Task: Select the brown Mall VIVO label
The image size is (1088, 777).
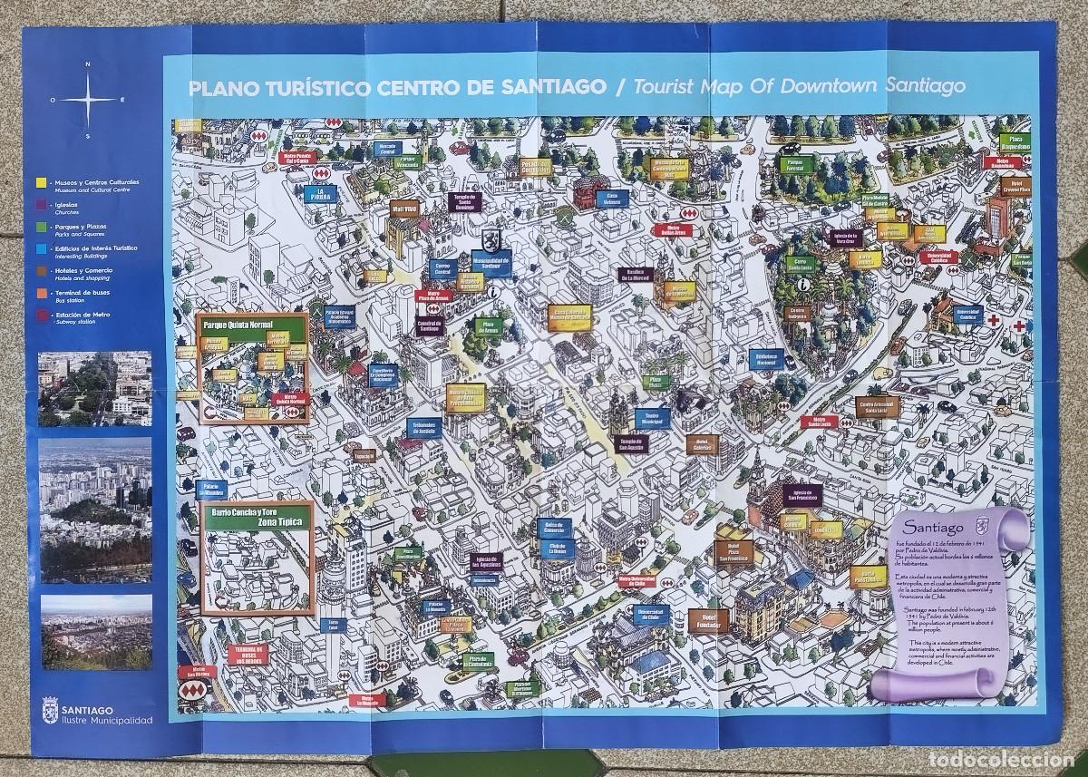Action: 403,207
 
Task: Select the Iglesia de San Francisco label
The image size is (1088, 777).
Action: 801,495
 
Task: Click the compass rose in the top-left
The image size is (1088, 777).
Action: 87,100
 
